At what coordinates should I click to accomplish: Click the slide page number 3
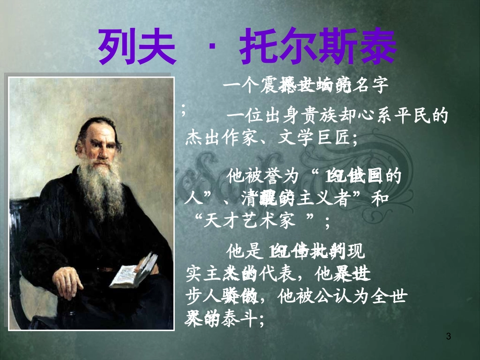[449, 337]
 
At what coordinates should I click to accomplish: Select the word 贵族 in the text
[322, 117]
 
